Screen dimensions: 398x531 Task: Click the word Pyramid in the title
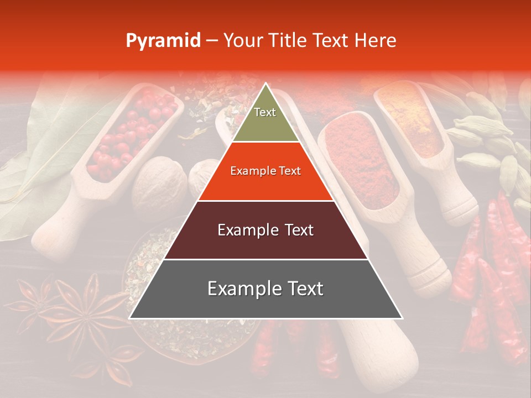163,41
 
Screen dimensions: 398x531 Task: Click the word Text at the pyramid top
265,112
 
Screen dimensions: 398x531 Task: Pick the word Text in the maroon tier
297,230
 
